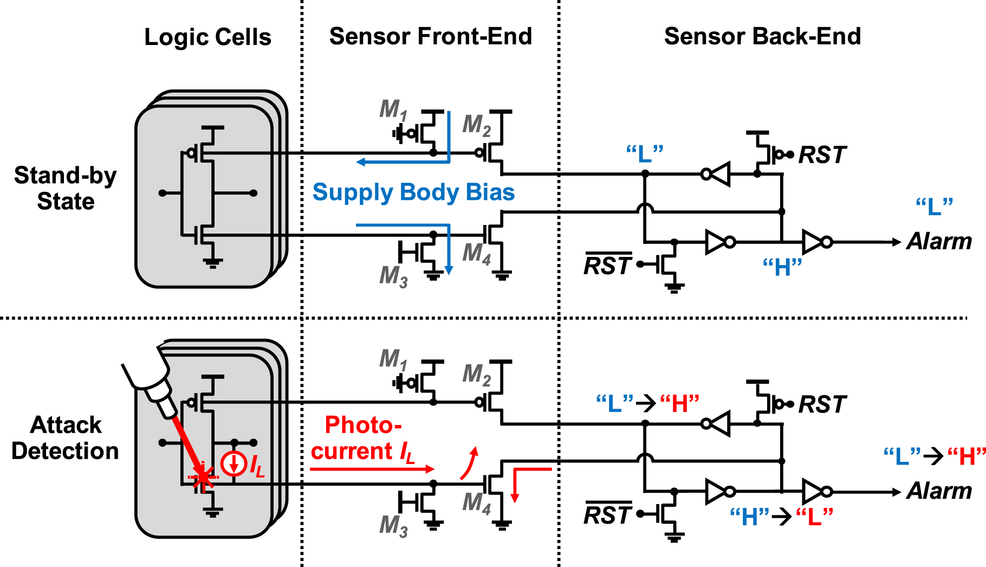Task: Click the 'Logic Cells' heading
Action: tap(207, 37)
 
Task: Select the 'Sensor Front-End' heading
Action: tap(430, 36)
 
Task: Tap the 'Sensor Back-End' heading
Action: tap(762, 36)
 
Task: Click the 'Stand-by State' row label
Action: tap(66, 188)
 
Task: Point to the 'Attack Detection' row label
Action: tap(66, 438)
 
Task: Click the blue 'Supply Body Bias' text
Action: tap(413, 192)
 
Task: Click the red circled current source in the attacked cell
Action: tap(234, 463)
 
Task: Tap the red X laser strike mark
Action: tap(203, 478)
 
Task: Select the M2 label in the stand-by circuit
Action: tap(476, 125)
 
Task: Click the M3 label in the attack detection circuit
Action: tap(393, 526)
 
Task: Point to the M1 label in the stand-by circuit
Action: tap(393, 110)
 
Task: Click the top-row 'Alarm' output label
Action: tap(939, 241)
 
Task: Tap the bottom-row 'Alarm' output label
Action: tap(939, 491)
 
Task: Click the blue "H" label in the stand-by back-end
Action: tap(782, 267)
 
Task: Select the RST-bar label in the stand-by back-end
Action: tap(607, 266)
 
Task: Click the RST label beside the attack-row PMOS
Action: tap(822, 404)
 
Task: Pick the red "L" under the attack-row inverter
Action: tap(814, 517)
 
